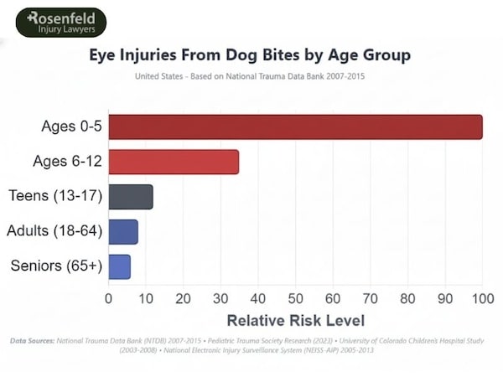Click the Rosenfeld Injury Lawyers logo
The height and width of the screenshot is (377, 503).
61,23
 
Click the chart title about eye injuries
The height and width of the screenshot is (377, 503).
251,56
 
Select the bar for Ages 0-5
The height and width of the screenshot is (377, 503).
295,127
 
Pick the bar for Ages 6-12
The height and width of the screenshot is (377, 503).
174,162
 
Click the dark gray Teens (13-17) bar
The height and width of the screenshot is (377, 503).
131,196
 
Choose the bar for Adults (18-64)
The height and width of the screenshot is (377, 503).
123,231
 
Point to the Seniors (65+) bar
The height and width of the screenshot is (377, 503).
120,266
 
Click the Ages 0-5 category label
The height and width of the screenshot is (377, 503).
71,127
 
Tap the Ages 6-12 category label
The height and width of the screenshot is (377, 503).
68,162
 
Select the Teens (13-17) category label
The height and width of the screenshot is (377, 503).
55,196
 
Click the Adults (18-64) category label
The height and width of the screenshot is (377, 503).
54,231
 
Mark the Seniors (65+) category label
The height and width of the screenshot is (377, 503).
56,266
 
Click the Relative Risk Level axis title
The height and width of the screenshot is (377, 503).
295,320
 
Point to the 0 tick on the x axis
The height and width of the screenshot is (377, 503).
109,297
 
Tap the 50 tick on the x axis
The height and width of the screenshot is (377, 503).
295,297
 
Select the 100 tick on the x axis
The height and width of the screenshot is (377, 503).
482,297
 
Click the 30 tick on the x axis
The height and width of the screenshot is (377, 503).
220,297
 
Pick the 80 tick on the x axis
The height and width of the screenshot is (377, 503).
407,297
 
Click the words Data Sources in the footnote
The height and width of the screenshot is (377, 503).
32,341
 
